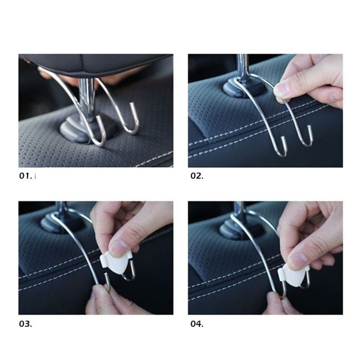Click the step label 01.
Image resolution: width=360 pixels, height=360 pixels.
(x=25, y=176)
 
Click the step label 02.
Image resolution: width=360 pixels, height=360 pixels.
(x=197, y=176)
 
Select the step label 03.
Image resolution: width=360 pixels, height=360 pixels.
(x=25, y=324)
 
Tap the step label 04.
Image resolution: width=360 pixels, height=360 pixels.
(x=197, y=324)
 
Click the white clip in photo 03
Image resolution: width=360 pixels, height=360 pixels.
(x=116, y=263)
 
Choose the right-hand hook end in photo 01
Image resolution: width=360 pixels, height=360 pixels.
(x=132, y=104)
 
